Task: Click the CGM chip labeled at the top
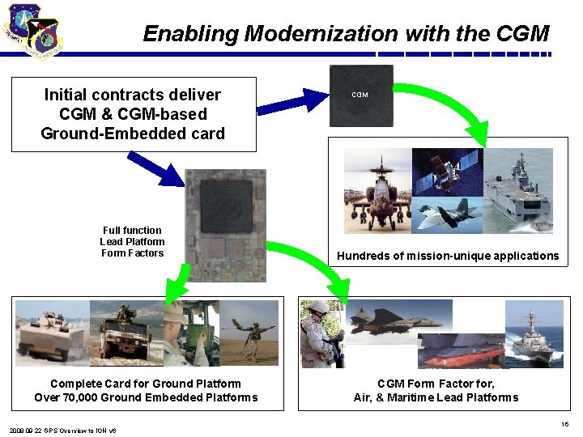[360, 95]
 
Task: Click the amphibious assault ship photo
[519, 188]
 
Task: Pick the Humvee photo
[126, 333]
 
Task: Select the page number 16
[564, 424]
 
